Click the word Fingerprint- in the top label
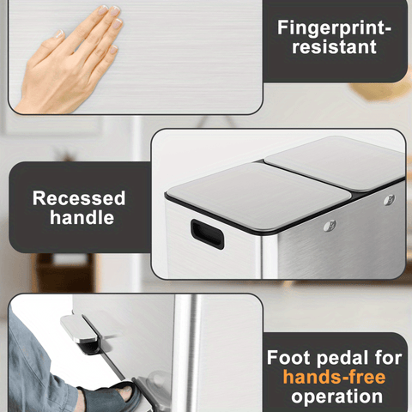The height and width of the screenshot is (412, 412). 334,28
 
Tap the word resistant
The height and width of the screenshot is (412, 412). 334,47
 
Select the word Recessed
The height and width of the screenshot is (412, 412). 79,198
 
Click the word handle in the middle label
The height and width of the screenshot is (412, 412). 82,217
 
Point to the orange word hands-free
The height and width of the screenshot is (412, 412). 334,377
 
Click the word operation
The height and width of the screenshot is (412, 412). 337,397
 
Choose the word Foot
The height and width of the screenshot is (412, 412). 288,358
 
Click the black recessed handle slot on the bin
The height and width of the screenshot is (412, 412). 207,234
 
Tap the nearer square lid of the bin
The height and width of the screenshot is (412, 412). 258,197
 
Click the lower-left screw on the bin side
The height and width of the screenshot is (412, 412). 330,226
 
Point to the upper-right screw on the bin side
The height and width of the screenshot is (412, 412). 389,199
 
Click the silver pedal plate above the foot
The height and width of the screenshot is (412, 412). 78,328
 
